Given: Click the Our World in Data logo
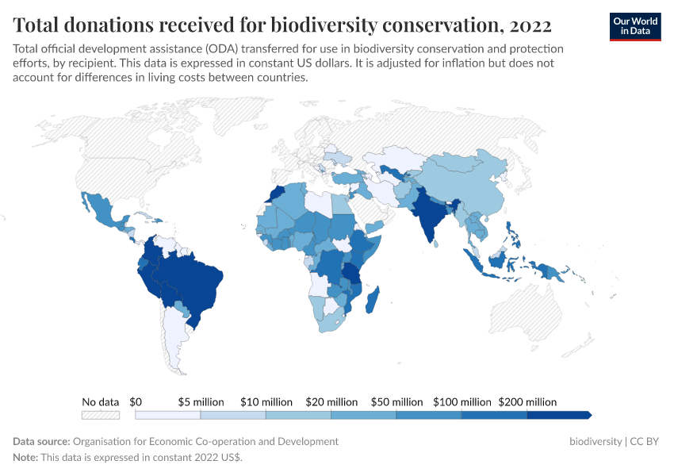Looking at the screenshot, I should pos(635,26).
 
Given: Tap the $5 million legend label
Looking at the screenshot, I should pos(201,402).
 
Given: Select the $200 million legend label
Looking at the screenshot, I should pos(527,402).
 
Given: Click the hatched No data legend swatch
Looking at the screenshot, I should pos(101,415).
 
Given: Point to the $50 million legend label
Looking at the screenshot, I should pos(396,402).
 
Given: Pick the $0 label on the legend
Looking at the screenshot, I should pos(136,402).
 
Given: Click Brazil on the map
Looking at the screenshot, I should pos(194,282).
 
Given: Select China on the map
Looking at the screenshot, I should pos(468,186).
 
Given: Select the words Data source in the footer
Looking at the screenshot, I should pos(41,441).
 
